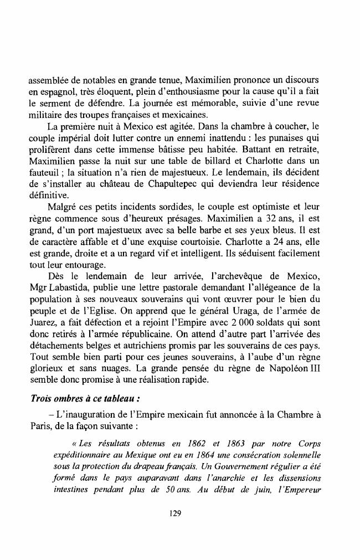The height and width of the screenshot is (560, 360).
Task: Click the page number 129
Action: coord(176,513)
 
